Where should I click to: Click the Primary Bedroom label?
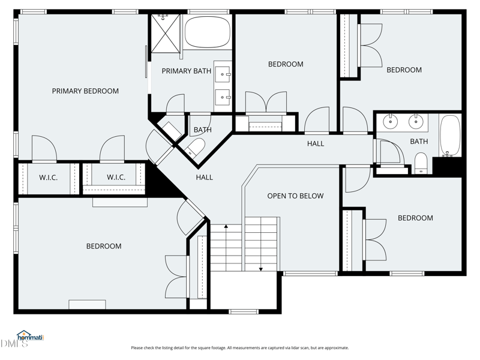pos(85,91)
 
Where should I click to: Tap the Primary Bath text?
pos(187,71)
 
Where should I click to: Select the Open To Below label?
pos(295,196)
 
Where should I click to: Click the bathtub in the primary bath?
pos(208,32)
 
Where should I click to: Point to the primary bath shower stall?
pos(166,33)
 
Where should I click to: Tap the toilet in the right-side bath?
pos(421,163)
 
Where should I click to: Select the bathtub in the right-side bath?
pos(449,136)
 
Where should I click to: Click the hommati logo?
pos(31,336)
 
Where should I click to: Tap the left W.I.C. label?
pos(49,178)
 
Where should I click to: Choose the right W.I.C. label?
pos(116,177)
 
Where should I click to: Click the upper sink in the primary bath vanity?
pos(223,74)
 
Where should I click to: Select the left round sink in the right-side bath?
pos(391,122)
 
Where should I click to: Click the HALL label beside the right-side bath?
pos(316,143)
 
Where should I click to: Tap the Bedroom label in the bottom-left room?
pos(104,246)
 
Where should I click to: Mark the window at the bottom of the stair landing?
pos(244,311)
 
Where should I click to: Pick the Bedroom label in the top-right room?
pos(404,70)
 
